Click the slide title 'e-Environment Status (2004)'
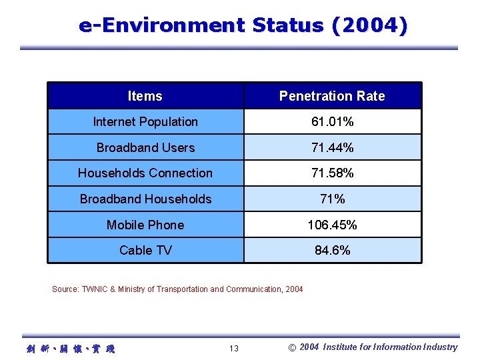point(243,26)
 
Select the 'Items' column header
point(145,96)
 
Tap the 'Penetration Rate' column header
point(332,96)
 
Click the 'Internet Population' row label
point(145,122)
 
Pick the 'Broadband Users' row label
point(145,147)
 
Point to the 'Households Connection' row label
point(145,173)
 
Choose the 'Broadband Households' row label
point(145,199)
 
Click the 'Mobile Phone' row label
point(145,225)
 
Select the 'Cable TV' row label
point(145,251)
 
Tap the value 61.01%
point(332,122)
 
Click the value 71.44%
point(332,147)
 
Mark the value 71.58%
point(332,173)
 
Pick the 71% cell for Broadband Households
point(332,199)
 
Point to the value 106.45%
point(332,225)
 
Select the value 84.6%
point(332,251)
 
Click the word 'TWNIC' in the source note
point(94,289)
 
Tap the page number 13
point(233,349)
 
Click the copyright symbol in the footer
point(291,347)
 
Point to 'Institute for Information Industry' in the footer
point(390,347)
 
